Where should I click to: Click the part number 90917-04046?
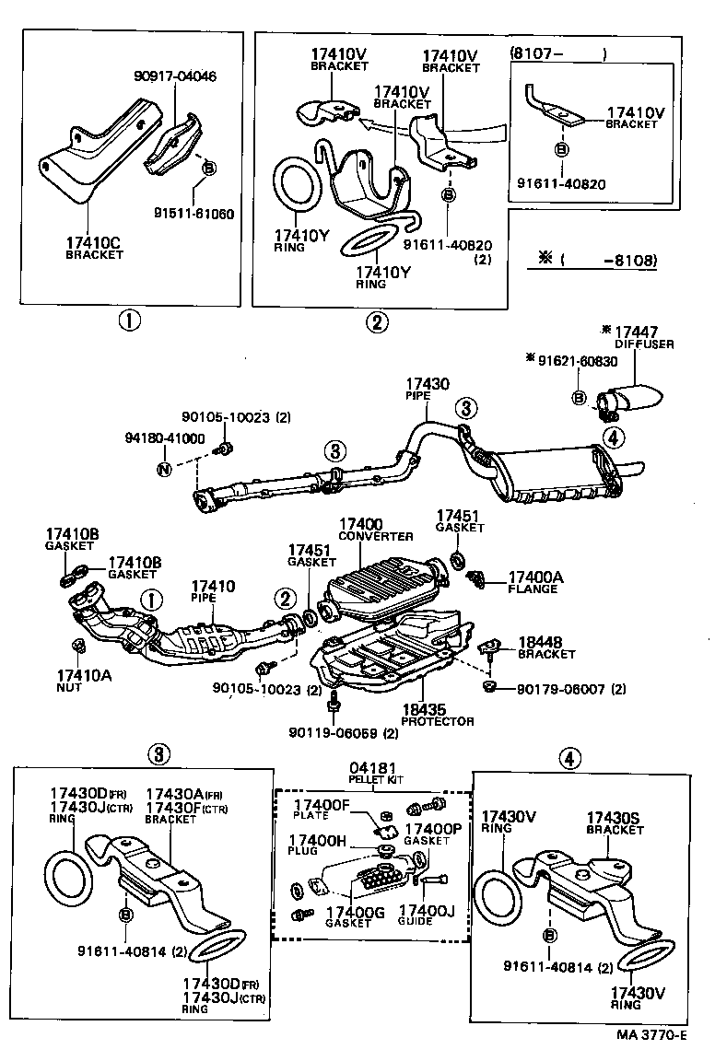174,76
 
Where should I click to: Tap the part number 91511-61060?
194,213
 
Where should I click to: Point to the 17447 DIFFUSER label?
641,336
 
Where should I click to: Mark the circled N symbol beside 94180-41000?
164,470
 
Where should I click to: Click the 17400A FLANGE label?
533,582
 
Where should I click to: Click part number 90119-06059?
335,733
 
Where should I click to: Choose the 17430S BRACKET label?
615,823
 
